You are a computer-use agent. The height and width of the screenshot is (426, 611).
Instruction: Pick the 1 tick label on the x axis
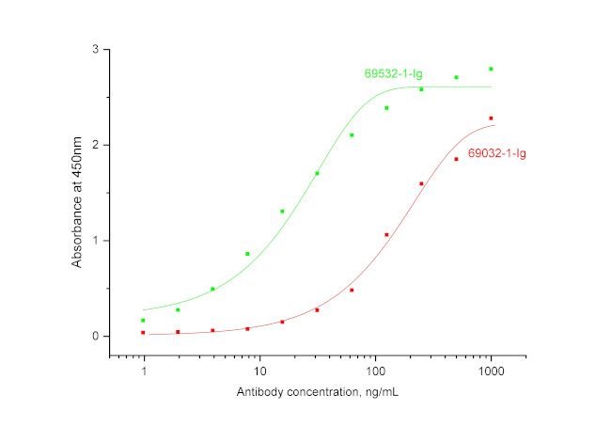click(x=144, y=372)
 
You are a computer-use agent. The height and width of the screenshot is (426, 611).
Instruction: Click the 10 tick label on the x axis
click(x=259, y=372)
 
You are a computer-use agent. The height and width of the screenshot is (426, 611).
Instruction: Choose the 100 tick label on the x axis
click(x=375, y=372)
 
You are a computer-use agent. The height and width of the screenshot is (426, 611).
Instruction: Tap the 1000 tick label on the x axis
click(x=491, y=372)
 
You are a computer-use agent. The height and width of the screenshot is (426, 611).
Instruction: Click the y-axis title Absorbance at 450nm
click(x=77, y=193)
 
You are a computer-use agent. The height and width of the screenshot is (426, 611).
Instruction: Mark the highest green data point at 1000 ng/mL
click(x=491, y=69)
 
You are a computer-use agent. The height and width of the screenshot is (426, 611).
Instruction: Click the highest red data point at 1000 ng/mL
click(x=491, y=118)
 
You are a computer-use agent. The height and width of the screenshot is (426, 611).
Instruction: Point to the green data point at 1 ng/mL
click(x=144, y=321)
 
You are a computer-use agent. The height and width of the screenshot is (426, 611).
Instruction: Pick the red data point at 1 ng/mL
click(x=144, y=333)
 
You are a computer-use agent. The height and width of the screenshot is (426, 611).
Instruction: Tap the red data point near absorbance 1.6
click(x=421, y=183)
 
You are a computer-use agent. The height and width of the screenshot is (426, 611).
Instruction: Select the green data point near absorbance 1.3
click(x=282, y=212)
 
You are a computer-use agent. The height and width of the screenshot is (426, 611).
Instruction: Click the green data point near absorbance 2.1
click(x=352, y=135)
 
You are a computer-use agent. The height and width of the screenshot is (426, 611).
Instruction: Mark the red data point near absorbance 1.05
click(x=386, y=235)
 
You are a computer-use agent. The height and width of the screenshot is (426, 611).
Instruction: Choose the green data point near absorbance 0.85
click(x=247, y=254)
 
